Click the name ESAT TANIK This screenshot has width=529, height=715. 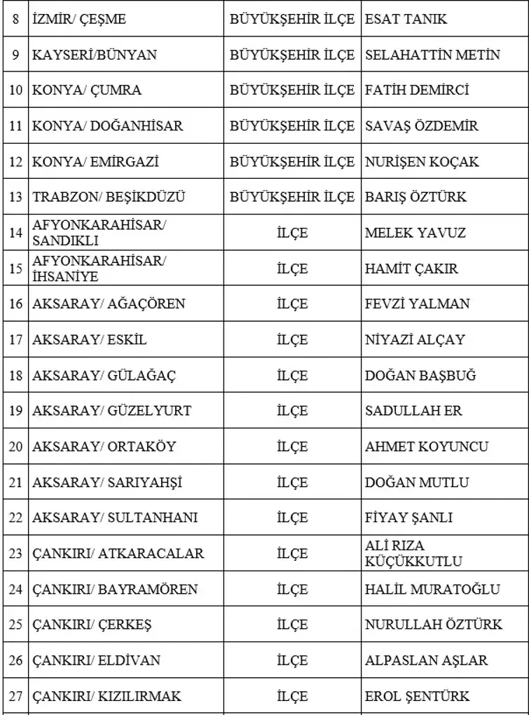point(406,19)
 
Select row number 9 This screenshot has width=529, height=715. point(15,55)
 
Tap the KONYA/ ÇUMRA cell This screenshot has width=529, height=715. point(87,90)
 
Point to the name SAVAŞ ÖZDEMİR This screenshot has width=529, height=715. point(422,126)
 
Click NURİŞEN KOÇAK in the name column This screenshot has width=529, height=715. point(422,162)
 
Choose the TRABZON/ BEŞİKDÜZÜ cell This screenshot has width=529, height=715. point(109,198)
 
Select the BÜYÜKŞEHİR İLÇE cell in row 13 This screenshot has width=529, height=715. point(292,198)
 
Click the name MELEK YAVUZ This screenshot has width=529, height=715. point(415,233)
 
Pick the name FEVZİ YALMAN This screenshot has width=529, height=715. point(418,304)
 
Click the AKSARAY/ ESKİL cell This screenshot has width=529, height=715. point(90,340)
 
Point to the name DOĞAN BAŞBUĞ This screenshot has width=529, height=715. point(420,376)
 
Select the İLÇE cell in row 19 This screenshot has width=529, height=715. point(292,411)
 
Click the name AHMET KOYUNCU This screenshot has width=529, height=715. point(427,447)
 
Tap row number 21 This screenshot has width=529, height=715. point(15,482)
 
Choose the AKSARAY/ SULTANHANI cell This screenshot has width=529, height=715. point(115,518)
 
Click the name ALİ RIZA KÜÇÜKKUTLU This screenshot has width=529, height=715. point(413,554)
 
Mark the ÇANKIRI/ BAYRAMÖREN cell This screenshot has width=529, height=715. point(115,590)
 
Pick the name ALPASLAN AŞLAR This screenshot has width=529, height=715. point(427,660)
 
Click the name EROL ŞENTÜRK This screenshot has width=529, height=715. point(418,697)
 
